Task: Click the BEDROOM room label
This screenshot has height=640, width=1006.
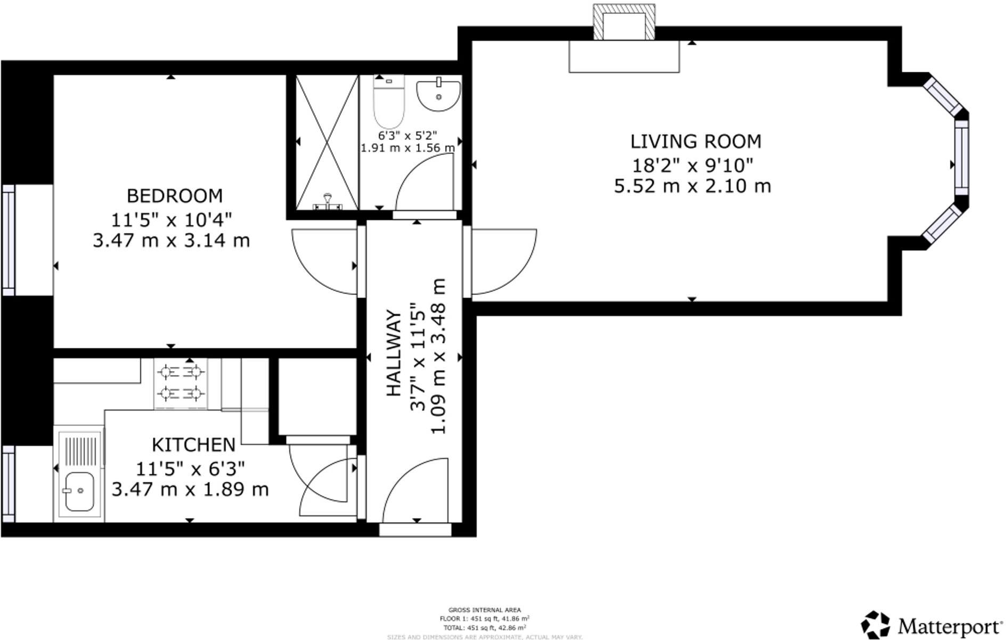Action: (x=174, y=196)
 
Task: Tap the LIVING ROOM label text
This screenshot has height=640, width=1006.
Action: (x=696, y=142)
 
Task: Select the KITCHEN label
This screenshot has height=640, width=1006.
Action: (x=193, y=445)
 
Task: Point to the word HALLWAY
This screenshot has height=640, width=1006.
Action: (x=393, y=352)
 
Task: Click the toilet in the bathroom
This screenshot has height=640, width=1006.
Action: (x=389, y=101)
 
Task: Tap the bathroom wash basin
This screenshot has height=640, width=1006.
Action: (x=438, y=96)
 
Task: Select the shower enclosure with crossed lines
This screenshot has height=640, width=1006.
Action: (x=327, y=142)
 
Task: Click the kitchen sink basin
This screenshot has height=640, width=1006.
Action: (x=79, y=491)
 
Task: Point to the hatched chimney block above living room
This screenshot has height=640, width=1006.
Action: (x=624, y=22)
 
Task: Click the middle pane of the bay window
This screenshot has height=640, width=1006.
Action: (x=961, y=158)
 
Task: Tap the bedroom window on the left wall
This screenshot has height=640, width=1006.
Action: (x=9, y=240)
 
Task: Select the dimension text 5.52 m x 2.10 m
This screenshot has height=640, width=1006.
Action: (x=692, y=186)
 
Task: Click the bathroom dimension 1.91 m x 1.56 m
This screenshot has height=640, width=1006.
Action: (x=408, y=148)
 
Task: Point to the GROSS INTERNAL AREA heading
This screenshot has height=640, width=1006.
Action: (x=485, y=610)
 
